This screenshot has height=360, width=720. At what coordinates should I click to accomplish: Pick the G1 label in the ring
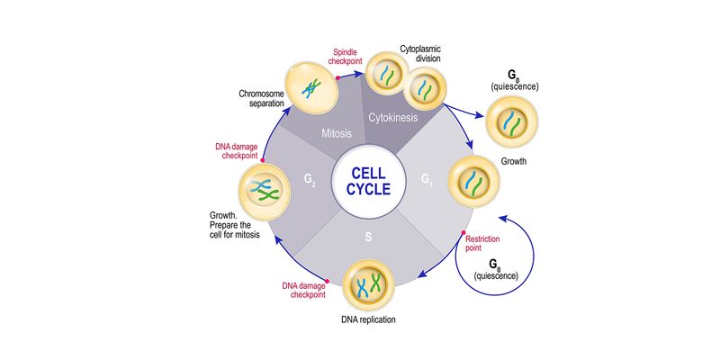(x=428, y=178)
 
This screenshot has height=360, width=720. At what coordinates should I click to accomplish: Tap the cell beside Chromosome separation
(x=310, y=85)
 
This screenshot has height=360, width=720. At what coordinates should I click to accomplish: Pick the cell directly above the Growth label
(x=472, y=177)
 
